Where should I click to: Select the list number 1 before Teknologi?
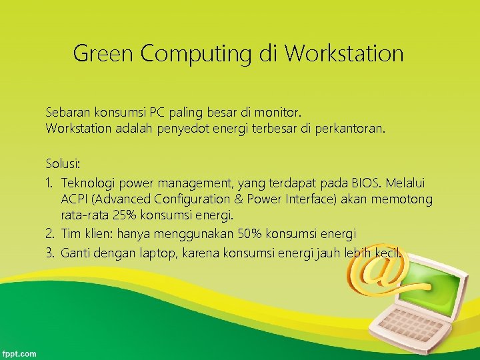49,182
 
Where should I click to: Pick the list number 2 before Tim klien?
49,234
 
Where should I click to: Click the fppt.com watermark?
20,353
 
